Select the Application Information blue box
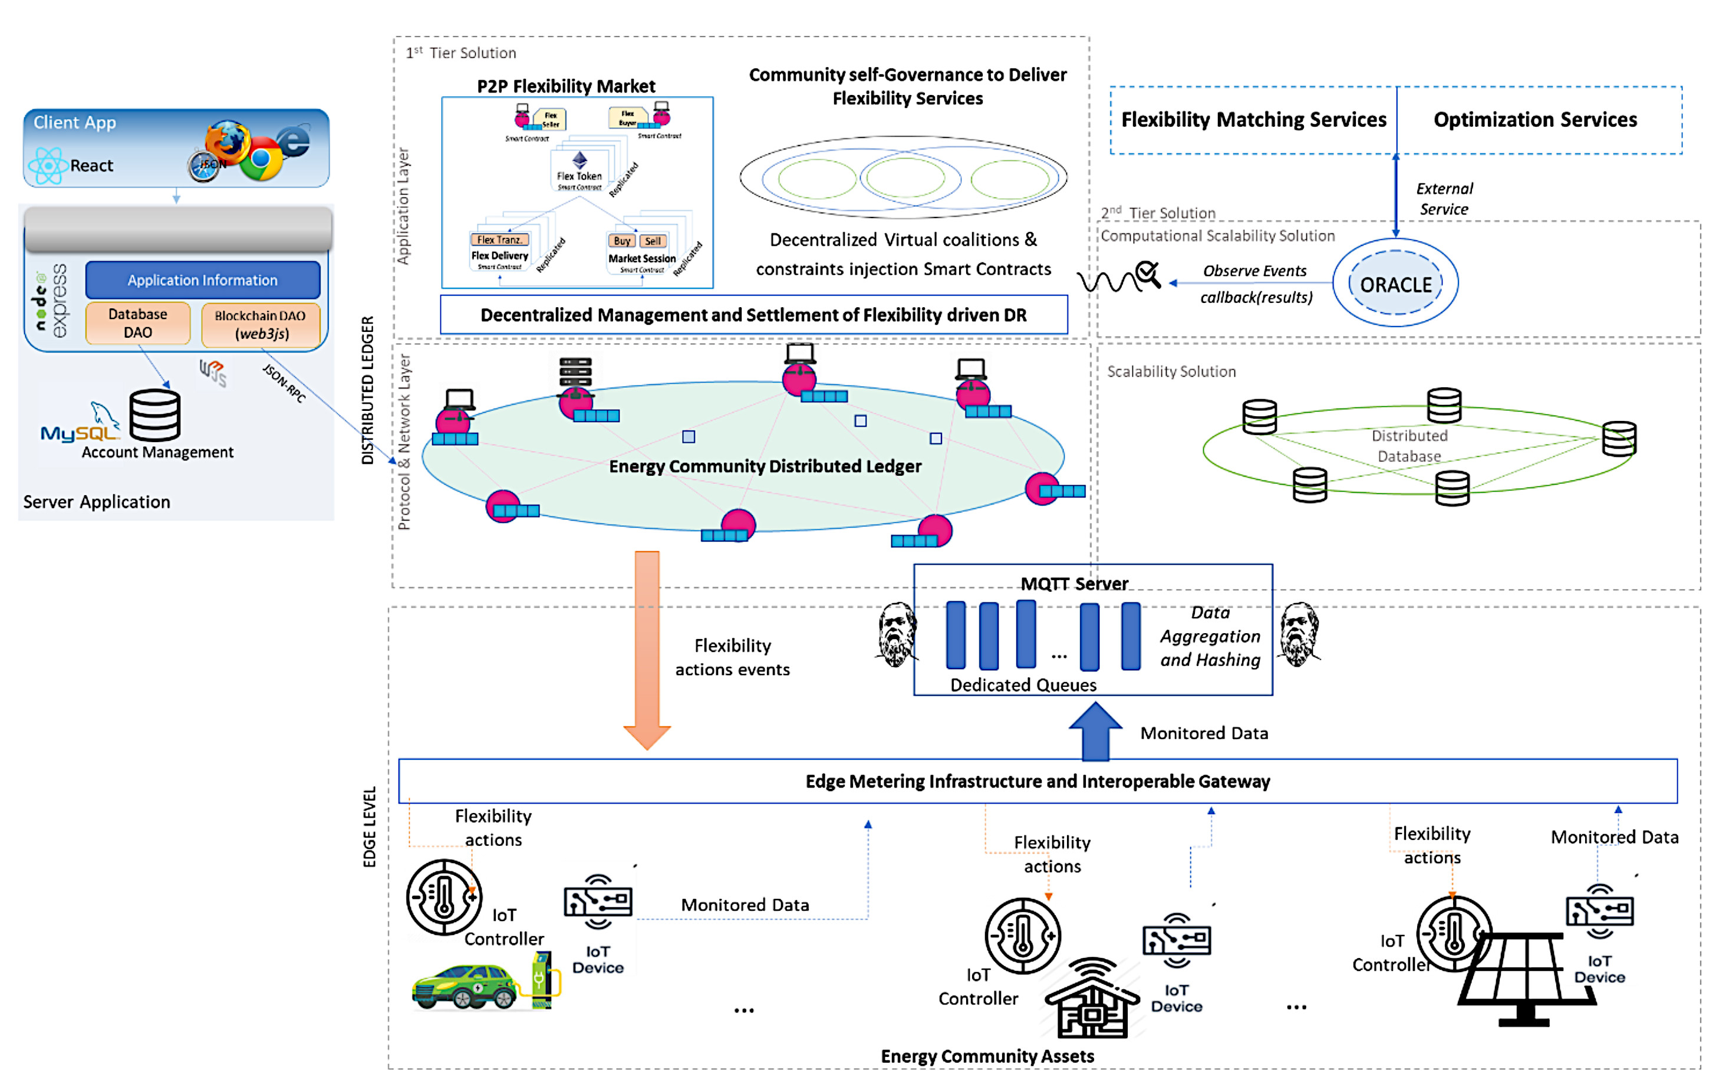click(202, 280)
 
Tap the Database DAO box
click(137, 323)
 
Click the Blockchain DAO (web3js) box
click(261, 325)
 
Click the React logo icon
click(47, 165)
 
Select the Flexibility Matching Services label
click(1253, 119)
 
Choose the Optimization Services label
click(1534, 119)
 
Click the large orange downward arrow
click(647, 646)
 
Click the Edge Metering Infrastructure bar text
click(1037, 781)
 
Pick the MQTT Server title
click(1074, 583)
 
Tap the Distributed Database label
click(1409, 446)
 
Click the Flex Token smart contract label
click(579, 177)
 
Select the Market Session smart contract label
click(642, 258)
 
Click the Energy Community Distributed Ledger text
click(765, 467)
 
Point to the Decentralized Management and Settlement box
click(753, 315)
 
